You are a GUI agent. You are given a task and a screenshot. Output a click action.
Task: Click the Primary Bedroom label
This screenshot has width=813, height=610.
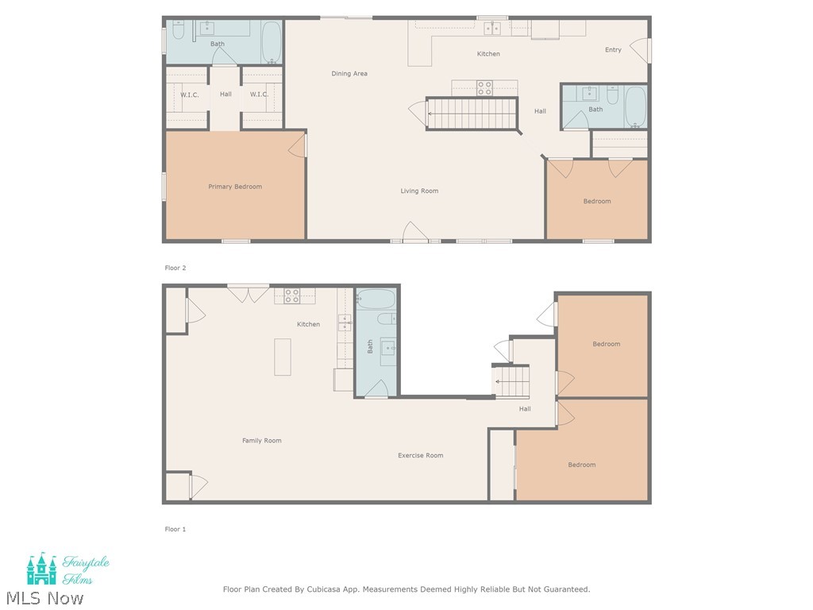pyautogui.click(x=235, y=187)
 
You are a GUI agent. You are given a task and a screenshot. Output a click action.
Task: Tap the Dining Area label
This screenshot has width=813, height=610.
pyautogui.click(x=349, y=74)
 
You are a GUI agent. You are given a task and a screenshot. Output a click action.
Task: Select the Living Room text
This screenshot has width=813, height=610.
pyautogui.click(x=419, y=191)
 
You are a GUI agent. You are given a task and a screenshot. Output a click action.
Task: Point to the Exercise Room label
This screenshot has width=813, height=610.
pyautogui.click(x=421, y=455)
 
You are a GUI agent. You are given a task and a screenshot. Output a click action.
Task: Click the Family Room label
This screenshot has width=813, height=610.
pyautogui.click(x=262, y=441)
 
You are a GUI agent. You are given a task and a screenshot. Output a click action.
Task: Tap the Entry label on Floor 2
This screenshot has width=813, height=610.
pyautogui.click(x=613, y=50)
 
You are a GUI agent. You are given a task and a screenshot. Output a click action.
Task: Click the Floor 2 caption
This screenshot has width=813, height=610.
pyautogui.click(x=175, y=268)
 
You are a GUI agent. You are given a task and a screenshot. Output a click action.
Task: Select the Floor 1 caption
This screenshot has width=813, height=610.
pyautogui.click(x=175, y=529)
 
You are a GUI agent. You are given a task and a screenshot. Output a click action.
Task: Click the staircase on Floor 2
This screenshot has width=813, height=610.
pyautogui.click(x=472, y=113)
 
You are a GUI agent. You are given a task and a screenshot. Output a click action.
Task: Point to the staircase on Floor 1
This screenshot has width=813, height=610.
pyautogui.click(x=511, y=380)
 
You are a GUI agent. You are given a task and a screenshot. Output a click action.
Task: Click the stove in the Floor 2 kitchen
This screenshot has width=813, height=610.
pyautogui.click(x=484, y=88)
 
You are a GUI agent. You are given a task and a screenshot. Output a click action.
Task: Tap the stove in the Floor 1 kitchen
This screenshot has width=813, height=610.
pyautogui.click(x=292, y=296)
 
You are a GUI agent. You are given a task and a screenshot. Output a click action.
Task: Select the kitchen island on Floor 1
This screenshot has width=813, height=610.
pyautogui.click(x=283, y=357)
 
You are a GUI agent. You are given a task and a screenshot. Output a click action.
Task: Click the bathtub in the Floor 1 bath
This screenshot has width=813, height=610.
pyautogui.click(x=376, y=299)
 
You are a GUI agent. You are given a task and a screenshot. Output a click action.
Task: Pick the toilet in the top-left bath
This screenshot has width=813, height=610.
pyautogui.click(x=179, y=30)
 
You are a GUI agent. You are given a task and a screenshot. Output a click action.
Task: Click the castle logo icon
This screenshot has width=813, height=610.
pyautogui.click(x=41, y=569)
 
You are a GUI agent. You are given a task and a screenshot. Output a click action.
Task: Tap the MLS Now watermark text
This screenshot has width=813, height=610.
pyautogui.click(x=44, y=598)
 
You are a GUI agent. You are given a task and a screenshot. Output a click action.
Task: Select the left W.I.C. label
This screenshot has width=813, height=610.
pyautogui.click(x=189, y=95)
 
